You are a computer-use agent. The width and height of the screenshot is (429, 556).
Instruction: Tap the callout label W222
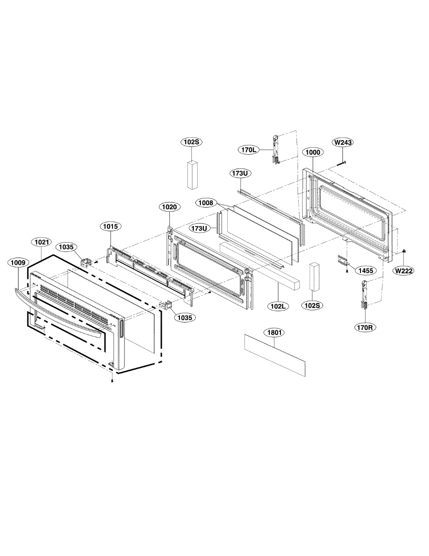tap(403, 271)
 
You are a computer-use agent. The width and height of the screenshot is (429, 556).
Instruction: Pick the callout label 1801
tap(274, 332)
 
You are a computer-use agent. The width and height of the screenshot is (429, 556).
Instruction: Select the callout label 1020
tap(169, 207)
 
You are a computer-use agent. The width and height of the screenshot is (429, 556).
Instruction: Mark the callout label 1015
tap(110, 227)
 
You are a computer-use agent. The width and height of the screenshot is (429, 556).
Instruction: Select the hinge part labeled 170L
tap(275, 148)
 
